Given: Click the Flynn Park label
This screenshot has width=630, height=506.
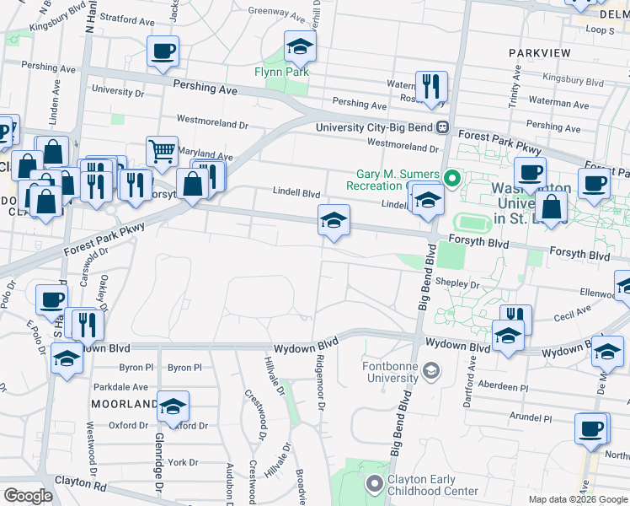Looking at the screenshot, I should pyautogui.click(x=281, y=72).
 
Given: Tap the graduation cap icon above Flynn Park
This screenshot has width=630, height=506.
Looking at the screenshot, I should pyautogui.click(x=299, y=48).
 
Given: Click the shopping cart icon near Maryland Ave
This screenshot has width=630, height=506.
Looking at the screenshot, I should pyautogui.click(x=162, y=152).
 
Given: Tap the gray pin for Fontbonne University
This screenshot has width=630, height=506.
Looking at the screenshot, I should pyautogui.click(x=431, y=371).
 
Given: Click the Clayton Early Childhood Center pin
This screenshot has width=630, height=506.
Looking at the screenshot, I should pyautogui.click(x=374, y=484).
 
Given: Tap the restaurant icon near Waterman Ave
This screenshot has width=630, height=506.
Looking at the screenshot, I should pyautogui.click(x=430, y=86).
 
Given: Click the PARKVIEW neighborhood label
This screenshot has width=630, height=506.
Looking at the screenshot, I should pyautogui.click(x=540, y=53).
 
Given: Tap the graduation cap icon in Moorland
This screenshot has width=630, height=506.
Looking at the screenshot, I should pyautogui.click(x=173, y=407).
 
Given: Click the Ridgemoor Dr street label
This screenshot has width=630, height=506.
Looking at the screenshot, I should pyautogui.click(x=320, y=382).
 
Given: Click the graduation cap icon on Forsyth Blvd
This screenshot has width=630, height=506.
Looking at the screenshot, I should pyautogui.click(x=334, y=221).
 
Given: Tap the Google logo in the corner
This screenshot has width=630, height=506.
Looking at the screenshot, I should pyautogui.click(x=28, y=496).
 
